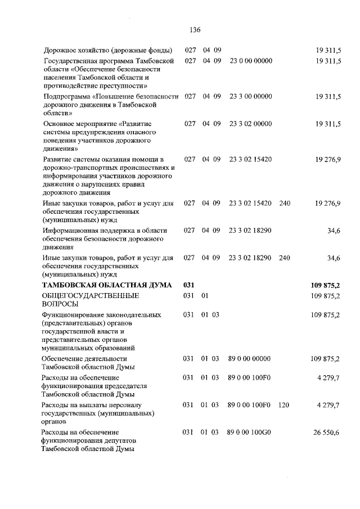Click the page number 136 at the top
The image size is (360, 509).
point(195,30)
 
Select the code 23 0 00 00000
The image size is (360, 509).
point(251,60)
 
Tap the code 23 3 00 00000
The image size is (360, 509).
point(251,97)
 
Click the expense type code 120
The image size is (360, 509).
point(285,404)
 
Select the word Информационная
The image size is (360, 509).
point(70,231)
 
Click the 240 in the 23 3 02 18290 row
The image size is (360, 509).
point(285,258)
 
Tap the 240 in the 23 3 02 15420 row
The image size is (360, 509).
point(285,203)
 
